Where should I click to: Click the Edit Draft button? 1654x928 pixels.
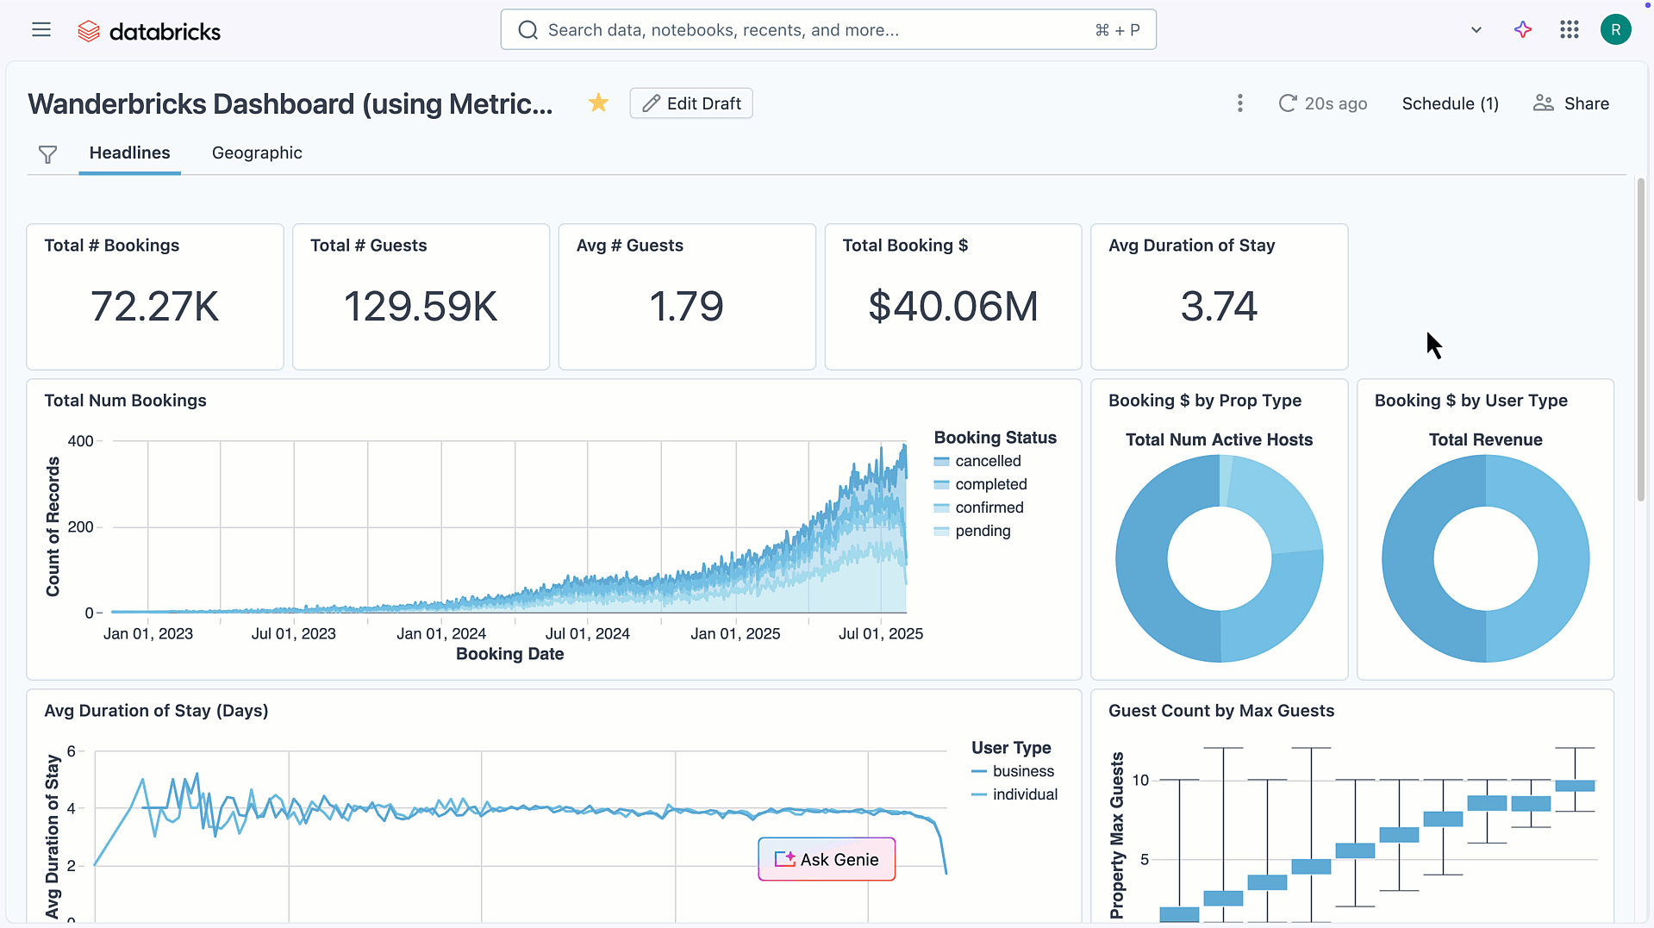point(690,103)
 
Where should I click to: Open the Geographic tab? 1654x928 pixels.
point(257,153)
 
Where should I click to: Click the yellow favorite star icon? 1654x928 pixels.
point(598,103)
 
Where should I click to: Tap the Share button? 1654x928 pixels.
point(1571,103)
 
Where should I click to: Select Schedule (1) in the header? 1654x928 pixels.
point(1450,103)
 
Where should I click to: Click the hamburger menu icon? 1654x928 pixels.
point(41,30)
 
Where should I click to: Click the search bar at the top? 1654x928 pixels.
point(827,30)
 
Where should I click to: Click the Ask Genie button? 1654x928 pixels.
point(827,859)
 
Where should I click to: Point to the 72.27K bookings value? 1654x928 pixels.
point(155,306)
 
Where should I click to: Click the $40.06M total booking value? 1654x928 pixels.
point(952,306)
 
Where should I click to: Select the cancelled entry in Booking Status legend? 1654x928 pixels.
point(987,461)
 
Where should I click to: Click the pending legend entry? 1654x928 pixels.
point(982,531)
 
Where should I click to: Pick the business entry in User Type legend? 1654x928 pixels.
point(1022,771)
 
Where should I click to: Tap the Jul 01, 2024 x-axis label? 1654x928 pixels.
point(588,633)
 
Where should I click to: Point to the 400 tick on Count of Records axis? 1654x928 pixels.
point(80,441)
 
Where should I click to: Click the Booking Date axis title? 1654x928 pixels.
point(509,654)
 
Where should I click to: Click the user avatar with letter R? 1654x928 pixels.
point(1615,30)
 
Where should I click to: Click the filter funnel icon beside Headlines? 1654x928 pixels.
point(47,154)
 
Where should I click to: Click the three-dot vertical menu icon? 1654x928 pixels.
point(1239,103)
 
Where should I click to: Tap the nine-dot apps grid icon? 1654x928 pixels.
point(1569,30)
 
